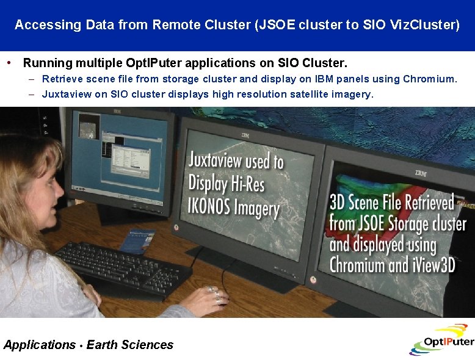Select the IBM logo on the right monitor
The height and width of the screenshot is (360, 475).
(x=421, y=173)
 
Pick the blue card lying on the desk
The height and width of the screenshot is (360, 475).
(x=136, y=241)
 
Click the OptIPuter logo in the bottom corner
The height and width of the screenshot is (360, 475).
(x=441, y=339)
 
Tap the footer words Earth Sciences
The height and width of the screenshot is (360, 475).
(x=129, y=345)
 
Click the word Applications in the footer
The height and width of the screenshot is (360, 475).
(x=40, y=345)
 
